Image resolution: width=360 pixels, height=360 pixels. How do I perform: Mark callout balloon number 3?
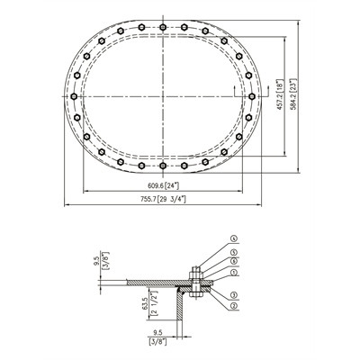[x=233, y=294]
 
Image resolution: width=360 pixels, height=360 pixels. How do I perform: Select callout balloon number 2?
[x=233, y=306]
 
